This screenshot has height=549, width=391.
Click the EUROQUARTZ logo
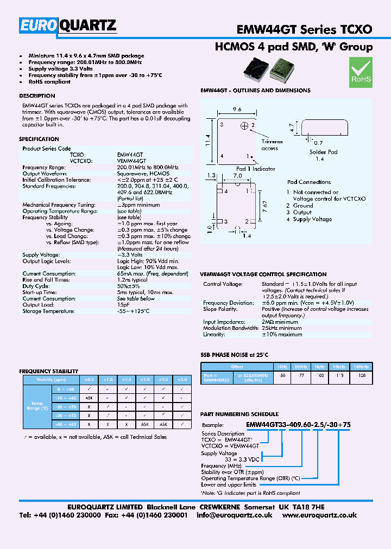[x=68, y=25]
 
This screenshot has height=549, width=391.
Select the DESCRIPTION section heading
[x=37, y=96]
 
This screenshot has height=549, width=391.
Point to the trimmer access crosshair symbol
[x=245, y=126]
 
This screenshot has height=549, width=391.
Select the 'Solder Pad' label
[x=324, y=152]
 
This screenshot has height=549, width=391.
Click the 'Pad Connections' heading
[x=309, y=182]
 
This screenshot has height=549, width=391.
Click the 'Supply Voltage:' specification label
[x=41, y=255]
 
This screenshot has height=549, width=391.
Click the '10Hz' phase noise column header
[x=282, y=367]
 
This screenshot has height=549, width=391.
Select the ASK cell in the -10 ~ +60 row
[x=88, y=398]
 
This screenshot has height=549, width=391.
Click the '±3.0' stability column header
[x=182, y=380]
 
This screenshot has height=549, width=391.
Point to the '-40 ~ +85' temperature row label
[x=66, y=424]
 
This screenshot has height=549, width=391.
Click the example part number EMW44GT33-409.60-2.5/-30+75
[x=299, y=425]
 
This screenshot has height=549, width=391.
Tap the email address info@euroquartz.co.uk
[x=235, y=515]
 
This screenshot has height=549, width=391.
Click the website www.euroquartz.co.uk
[x=320, y=515]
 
